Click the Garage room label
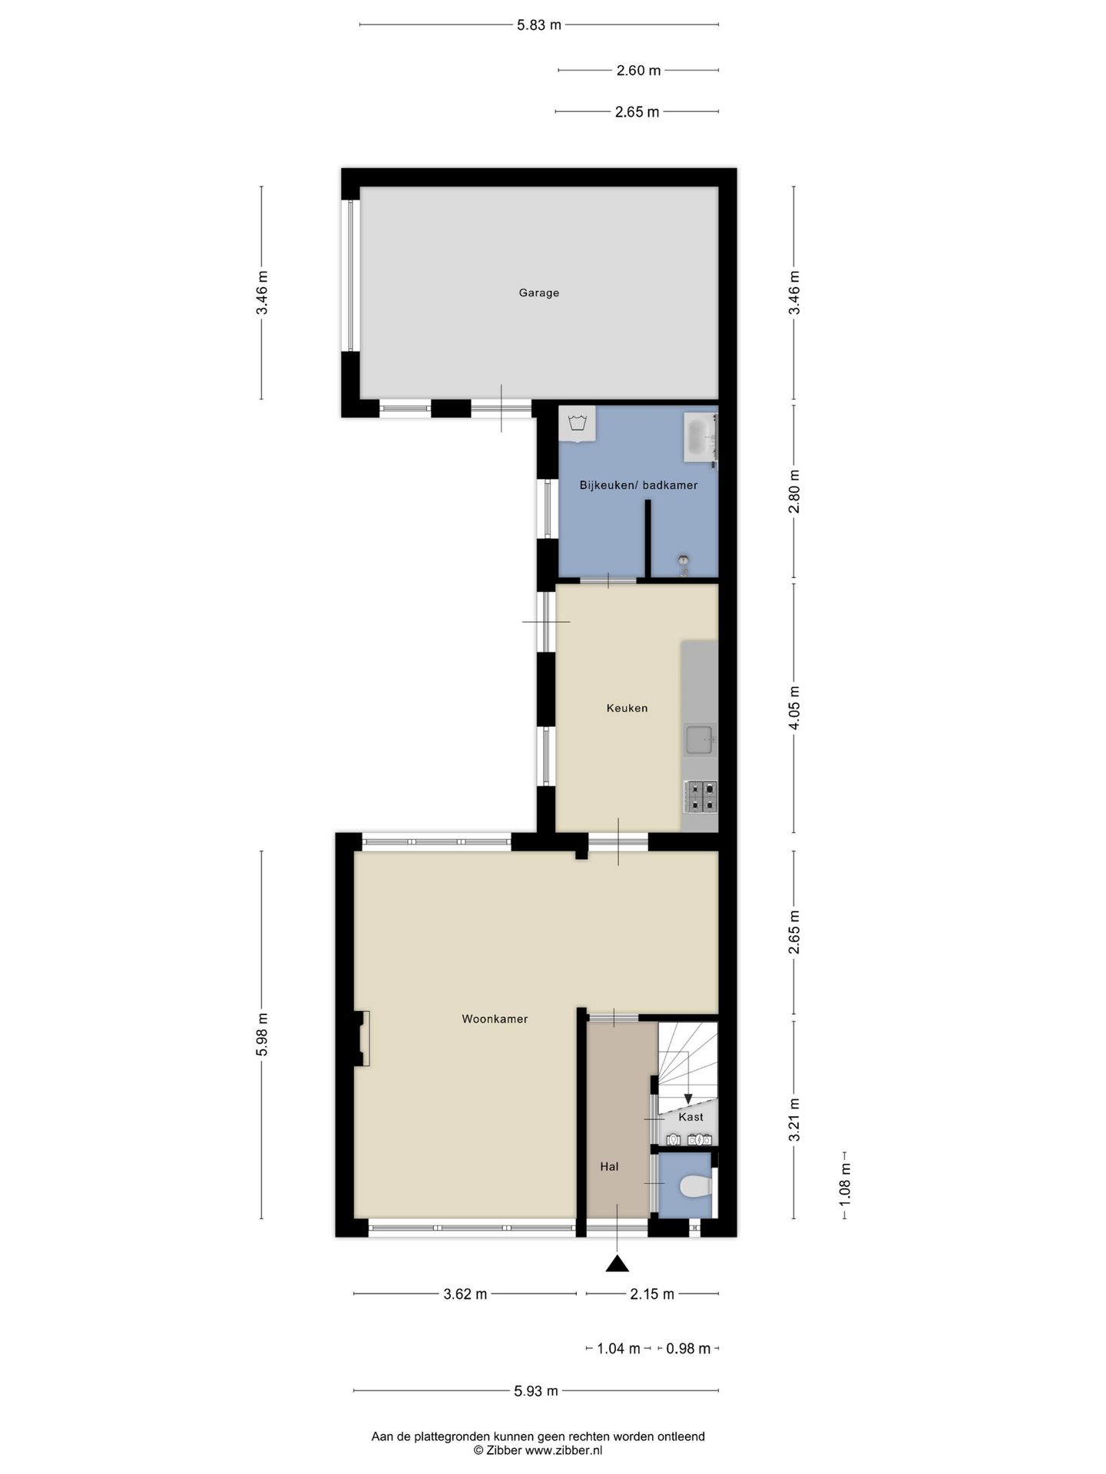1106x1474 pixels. pos(538,292)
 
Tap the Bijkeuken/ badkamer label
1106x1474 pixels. pos(638,485)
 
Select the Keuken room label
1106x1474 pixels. pos(627,708)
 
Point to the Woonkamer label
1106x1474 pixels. pos(495,1019)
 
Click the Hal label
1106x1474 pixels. pos(609,1166)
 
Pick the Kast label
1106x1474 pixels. pos(690,1117)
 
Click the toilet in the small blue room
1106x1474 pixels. pos(696,1187)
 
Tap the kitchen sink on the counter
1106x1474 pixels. pos(700,741)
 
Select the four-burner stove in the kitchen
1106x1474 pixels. pos(700,796)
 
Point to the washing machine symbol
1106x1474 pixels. pos(577,424)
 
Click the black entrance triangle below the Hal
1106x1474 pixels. pos(617,1263)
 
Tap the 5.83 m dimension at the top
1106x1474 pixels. pos(538,25)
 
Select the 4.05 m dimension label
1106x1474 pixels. pos(794,707)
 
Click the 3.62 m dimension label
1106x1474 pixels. pos(465,1294)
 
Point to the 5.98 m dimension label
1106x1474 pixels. pos(262,1034)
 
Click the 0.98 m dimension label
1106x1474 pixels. pos(687,1348)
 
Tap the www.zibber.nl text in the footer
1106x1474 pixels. pos(564,1450)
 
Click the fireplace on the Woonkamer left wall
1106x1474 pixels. pos(363,1038)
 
